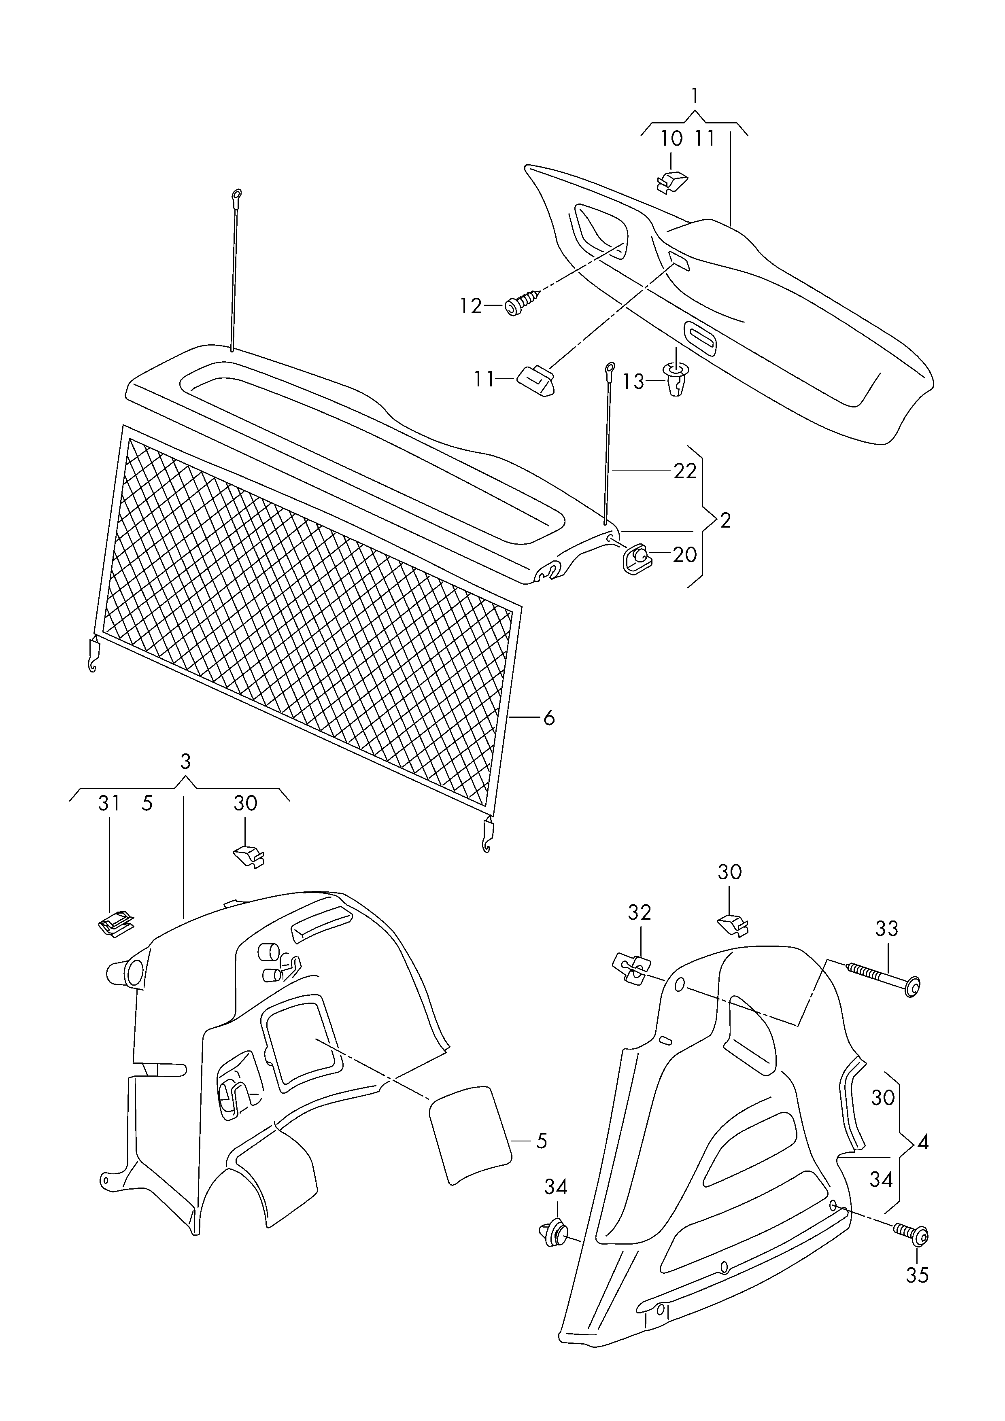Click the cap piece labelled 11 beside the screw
click(x=535, y=378)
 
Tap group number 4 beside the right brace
click(x=923, y=1142)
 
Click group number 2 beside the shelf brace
click(x=726, y=520)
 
